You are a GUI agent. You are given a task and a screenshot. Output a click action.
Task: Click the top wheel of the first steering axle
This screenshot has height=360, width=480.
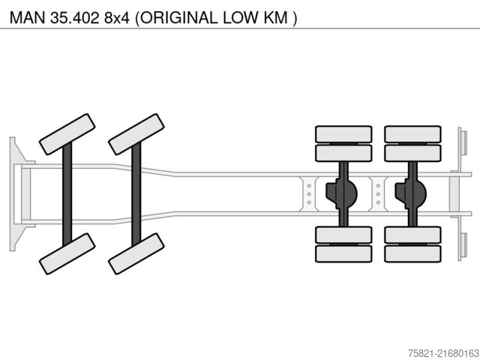point(67,134)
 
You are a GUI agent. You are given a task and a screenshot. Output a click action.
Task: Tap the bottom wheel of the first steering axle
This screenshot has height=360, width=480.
point(67,253)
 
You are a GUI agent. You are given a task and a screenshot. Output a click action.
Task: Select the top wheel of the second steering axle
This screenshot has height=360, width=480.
point(136,134)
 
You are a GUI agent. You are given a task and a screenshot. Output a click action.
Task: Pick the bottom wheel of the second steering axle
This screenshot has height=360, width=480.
point(136,253)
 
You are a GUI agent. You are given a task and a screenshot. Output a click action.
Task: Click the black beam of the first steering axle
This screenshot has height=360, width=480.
point(67,193)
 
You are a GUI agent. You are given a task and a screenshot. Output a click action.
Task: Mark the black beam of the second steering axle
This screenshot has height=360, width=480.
point(136,193)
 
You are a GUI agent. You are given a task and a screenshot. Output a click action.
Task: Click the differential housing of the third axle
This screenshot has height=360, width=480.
point(340,193)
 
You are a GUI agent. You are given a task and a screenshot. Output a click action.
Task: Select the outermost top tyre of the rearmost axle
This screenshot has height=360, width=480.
point(412,134)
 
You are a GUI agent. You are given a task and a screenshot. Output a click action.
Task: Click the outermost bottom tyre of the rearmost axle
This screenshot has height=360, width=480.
point(412,253)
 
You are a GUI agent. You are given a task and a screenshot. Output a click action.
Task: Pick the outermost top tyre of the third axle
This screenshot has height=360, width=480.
point(343,134)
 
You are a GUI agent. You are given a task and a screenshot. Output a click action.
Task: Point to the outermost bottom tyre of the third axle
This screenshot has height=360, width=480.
point(343,253)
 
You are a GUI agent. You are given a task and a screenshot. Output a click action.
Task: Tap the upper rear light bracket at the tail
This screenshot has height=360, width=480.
point(463,142)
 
